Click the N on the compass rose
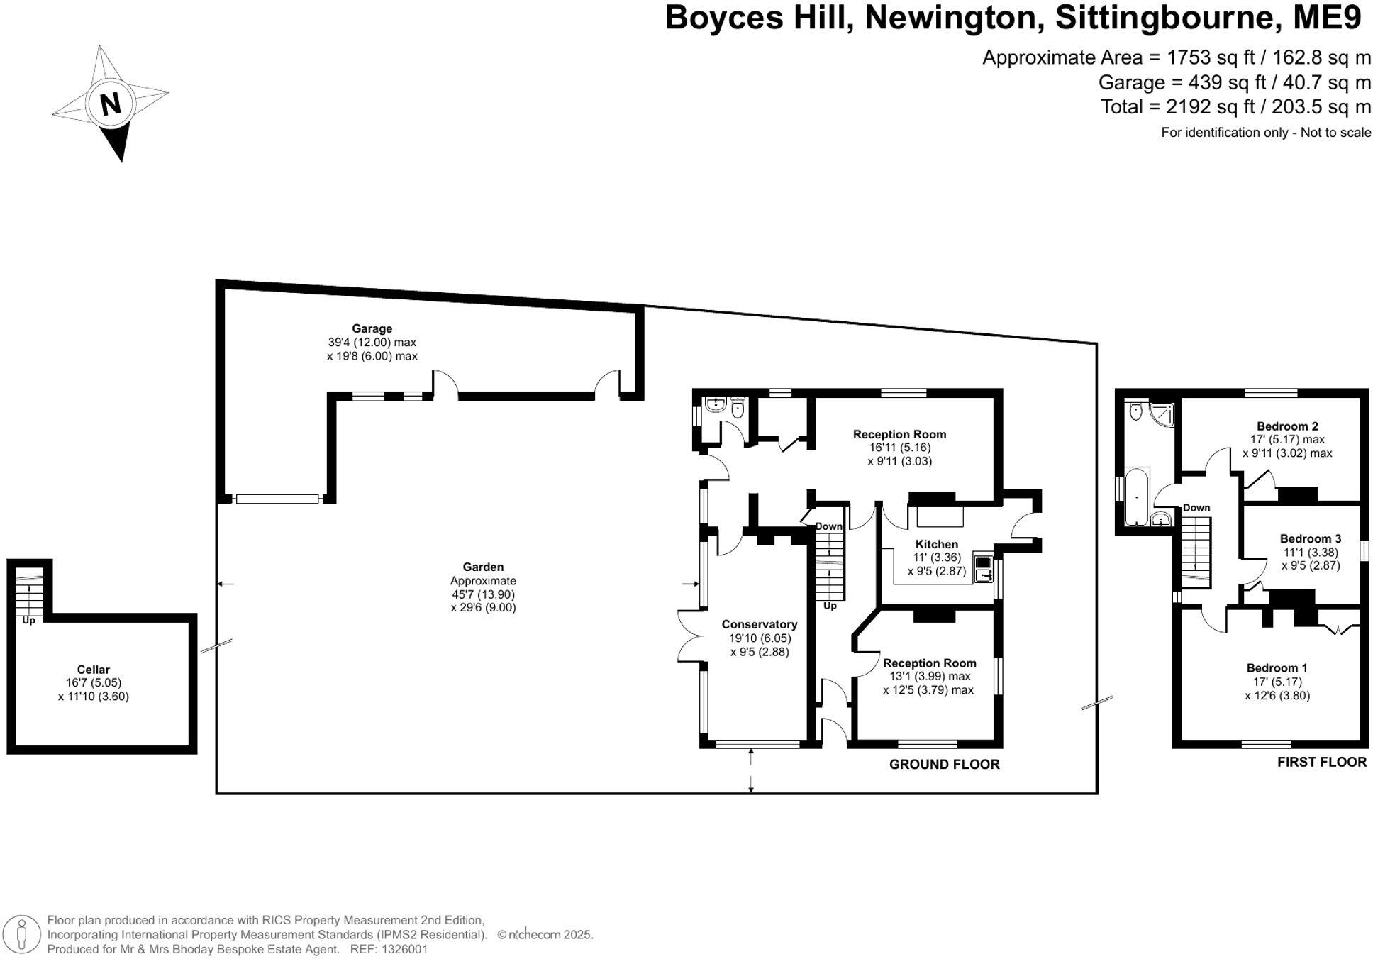111,104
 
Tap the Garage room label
372,328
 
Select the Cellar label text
93,670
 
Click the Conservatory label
759,624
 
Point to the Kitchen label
936,544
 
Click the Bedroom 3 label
1310,538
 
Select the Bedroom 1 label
1277,667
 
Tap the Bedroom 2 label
1286,426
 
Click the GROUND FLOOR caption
944,764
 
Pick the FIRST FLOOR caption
1321,762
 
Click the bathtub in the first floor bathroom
1136,496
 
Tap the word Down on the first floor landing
1196,508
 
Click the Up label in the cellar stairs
28,621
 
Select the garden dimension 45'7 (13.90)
483,594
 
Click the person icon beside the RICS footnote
22,934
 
